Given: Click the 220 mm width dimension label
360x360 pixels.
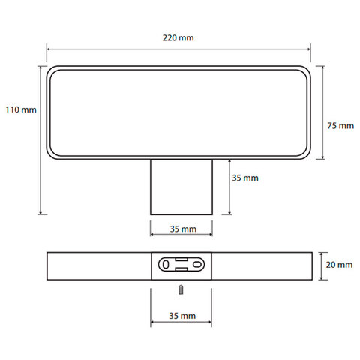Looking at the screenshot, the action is (x=178, y=38).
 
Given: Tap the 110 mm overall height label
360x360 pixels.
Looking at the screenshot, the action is (x=21, y=109).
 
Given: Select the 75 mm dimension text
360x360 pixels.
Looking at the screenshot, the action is (x=340, y=125).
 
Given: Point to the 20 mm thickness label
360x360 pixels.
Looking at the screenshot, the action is (x=339, y=265).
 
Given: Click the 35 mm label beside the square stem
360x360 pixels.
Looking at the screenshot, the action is (x=245, y=178).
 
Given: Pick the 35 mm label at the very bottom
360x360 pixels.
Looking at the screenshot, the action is (x=182, y=316).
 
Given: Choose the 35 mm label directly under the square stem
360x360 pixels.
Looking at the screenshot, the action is (x=183, y=229).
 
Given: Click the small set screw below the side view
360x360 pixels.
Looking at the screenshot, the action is (x=181, y=289).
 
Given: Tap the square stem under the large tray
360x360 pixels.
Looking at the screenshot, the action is (x=181, y=187).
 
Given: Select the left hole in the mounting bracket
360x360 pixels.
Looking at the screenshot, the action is (x=166, y=265).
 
